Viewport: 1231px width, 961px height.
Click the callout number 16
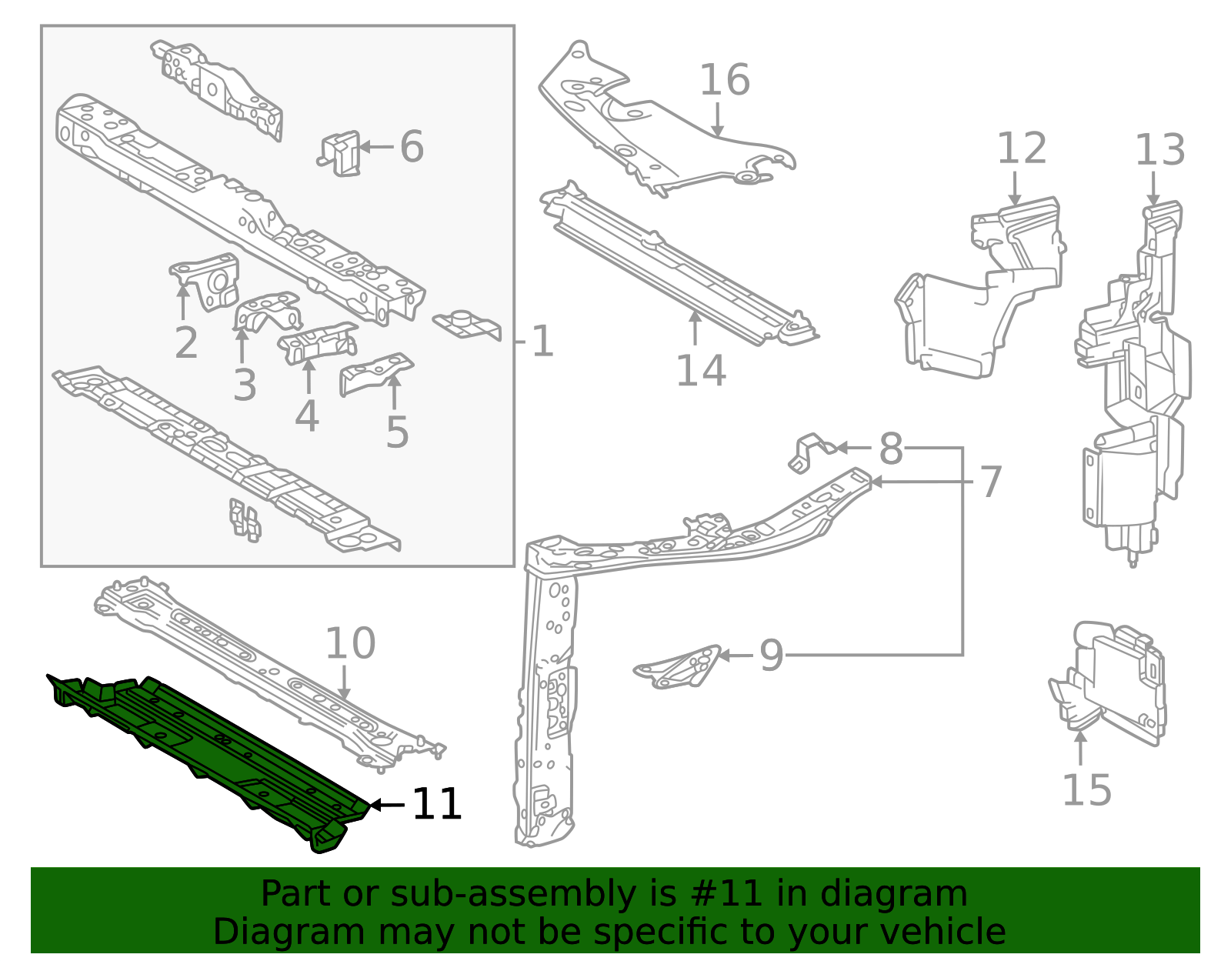coord(725,80)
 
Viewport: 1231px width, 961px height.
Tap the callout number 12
coord(1022,148)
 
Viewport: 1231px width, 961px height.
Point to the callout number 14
coord(701,371)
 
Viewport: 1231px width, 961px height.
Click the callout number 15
coord(1086,790)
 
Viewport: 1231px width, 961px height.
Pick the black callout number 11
coord(437,804)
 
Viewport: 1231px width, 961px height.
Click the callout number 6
coord(412,146)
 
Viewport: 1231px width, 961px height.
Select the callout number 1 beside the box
coord(542,342)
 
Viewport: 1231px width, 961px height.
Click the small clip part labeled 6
coord(340,153)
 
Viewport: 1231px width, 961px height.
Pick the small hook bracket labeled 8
coord(811,453)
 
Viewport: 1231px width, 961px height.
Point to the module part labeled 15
coord(1107,682)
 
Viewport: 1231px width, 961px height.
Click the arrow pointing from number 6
coord(376,147)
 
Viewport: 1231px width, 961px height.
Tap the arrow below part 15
coord(1080,748)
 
